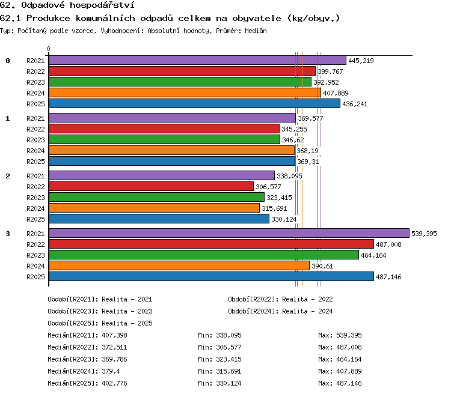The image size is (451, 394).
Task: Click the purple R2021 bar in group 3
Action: point(229,233)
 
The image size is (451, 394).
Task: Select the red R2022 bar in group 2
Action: point(152,186)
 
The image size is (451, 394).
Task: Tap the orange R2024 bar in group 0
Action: point(185,92)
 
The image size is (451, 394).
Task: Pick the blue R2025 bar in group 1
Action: point(172,161)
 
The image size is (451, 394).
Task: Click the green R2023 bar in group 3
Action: point(204,255)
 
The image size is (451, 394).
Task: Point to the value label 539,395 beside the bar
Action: point(424,234)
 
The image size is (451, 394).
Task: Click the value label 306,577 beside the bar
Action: point(268,187)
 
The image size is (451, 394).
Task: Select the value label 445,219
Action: point(361,61)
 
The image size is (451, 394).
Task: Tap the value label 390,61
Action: point(322,266)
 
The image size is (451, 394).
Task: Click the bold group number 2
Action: point(8,176)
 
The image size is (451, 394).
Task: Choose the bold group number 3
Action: point(8,234)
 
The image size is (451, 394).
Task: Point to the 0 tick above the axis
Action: point(48,49)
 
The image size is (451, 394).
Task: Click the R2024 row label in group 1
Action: point(35,151)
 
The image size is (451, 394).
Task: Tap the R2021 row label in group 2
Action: point(35,176)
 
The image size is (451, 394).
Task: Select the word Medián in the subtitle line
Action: point(256,31)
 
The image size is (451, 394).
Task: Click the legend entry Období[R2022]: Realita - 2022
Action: point(280,299)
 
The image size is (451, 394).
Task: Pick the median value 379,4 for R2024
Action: point(111,371)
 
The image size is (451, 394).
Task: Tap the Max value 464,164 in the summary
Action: point(349,359)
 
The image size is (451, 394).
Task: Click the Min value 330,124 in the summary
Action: point(229,383)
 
